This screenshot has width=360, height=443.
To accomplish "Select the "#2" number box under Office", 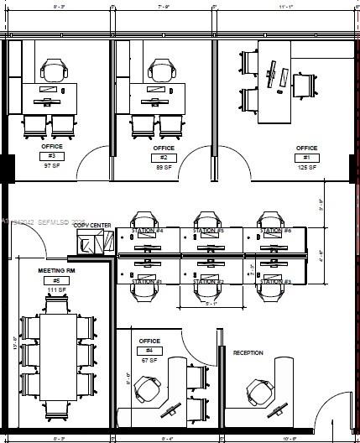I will pos(164,157).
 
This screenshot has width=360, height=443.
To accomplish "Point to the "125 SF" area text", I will pos(306,167).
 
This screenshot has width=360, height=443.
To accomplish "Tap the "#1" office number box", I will pos(306,157).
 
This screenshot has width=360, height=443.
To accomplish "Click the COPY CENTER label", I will pos(92,225).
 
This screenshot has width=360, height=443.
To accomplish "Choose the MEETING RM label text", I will pos(57,271).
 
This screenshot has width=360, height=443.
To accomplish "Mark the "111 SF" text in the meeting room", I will pos(56,290).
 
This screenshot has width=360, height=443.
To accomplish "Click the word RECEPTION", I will pos(248,352).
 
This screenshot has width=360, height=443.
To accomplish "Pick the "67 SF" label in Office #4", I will pos(149,359).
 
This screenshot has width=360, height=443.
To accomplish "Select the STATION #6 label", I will pos(274,231).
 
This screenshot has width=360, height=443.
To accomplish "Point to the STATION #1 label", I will pos(146,282).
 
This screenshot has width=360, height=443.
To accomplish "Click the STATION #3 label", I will pos(274,282).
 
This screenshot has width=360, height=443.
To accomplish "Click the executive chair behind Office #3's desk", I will pos(55,71).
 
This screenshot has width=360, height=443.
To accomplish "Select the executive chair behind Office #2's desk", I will pos(162,71).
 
